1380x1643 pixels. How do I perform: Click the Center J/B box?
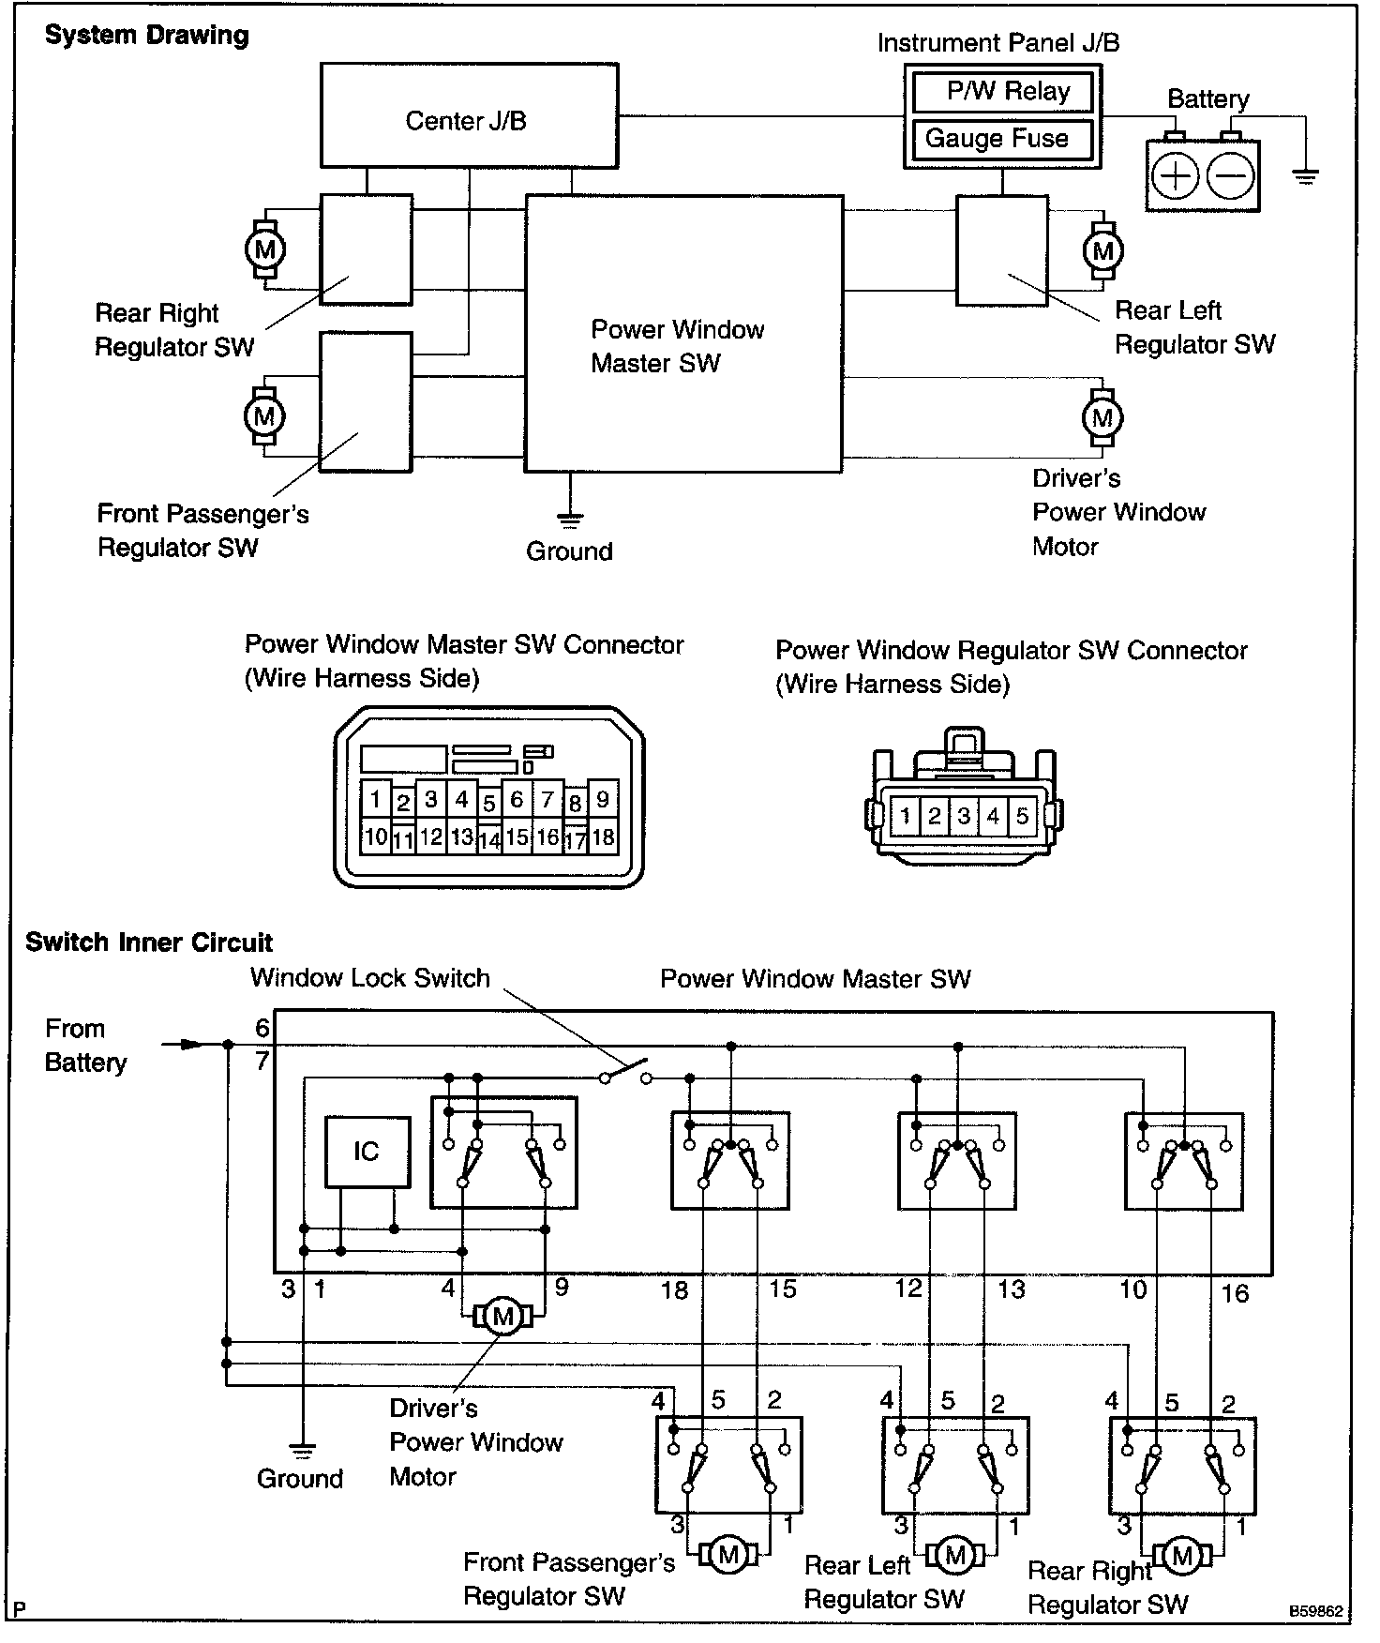coord(469,116)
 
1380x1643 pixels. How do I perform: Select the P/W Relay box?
coord(1002,92)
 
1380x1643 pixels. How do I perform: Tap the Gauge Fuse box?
coord(1002,140)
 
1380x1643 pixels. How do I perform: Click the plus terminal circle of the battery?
coord(1175,175)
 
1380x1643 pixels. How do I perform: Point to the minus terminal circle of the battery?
coord(1230,175)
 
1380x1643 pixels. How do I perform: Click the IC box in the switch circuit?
coord(367,1153)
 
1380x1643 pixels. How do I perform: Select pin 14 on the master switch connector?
coord(488,839)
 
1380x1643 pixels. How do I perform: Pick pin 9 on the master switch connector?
coord(603,799)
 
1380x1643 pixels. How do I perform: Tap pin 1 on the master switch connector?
coord(375,799)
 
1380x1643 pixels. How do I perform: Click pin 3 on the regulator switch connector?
coord(964,815)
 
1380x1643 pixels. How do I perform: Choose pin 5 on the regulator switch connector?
coord(1022,815)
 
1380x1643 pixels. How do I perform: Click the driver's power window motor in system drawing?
coord(1102,417)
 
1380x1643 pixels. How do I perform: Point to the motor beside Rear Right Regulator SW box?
coord(264,249)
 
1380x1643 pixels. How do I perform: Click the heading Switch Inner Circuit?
coord(149,942)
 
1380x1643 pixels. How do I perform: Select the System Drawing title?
coord(147,36)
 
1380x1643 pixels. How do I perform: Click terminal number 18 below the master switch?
coord(675,1290)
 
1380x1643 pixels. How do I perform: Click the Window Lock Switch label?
coord(369,978)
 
